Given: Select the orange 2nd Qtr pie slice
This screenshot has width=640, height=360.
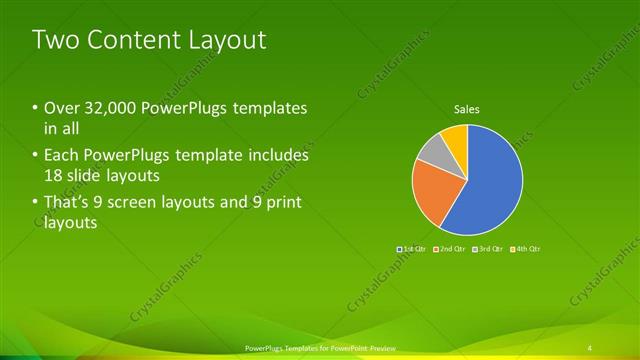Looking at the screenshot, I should (432, 191).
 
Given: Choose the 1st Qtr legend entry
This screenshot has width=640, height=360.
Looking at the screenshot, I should (413, 248).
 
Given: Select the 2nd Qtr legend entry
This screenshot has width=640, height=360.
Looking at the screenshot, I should (449, 248).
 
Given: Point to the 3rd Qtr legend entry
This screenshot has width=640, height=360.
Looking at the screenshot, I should (487, 248).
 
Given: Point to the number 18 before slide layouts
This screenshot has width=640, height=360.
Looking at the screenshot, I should (54, 175).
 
